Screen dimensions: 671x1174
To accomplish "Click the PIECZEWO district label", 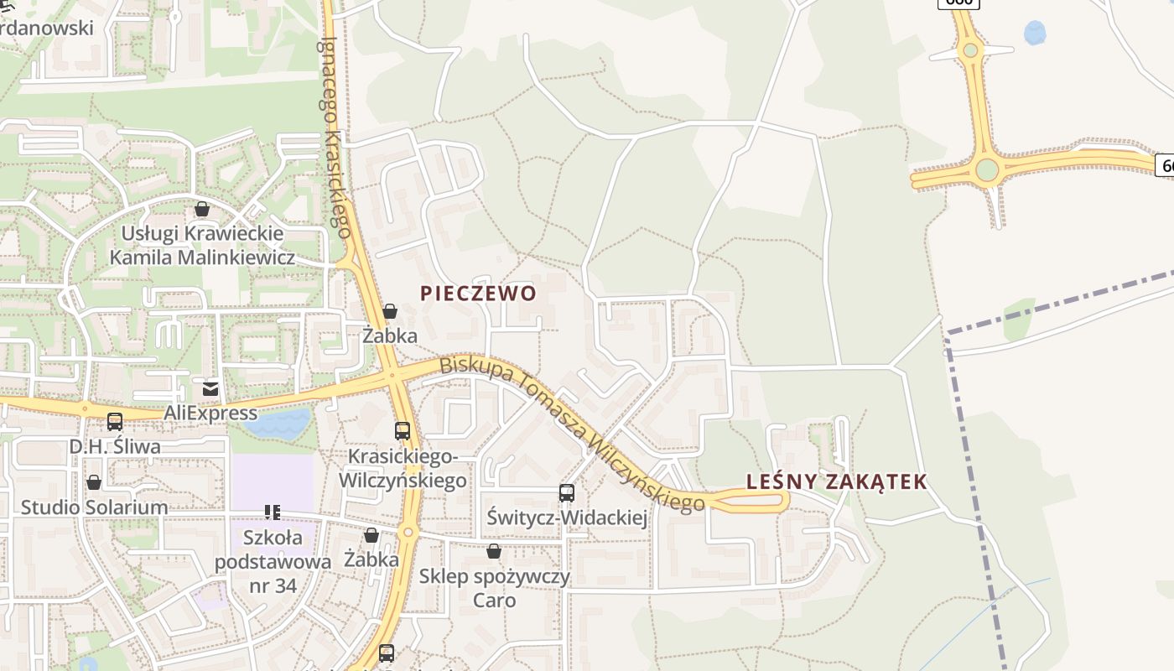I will point(478,294).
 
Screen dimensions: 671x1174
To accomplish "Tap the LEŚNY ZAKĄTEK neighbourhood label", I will point(837,481).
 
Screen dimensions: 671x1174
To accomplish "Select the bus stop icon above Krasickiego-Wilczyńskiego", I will point(403,431).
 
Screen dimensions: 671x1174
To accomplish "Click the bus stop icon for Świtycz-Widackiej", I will point(567,493).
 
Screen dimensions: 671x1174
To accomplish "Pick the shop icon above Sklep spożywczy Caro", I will point(494,551).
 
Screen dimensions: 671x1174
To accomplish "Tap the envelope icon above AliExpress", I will point(210,388).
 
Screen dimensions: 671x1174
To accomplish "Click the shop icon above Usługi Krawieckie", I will point(202,209).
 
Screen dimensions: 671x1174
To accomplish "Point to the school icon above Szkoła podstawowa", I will point(272,512).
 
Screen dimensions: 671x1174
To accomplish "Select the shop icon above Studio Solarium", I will point(94,483).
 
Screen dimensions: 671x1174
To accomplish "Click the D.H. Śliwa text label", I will point(115,446).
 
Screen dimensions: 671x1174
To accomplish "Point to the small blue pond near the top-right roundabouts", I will point(1035,34).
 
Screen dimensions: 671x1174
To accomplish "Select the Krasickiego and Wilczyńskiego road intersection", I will point(392,377).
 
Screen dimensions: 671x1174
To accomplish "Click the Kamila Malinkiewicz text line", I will point(202,257).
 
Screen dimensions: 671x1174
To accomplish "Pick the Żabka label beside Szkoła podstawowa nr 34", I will point(371,559).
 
